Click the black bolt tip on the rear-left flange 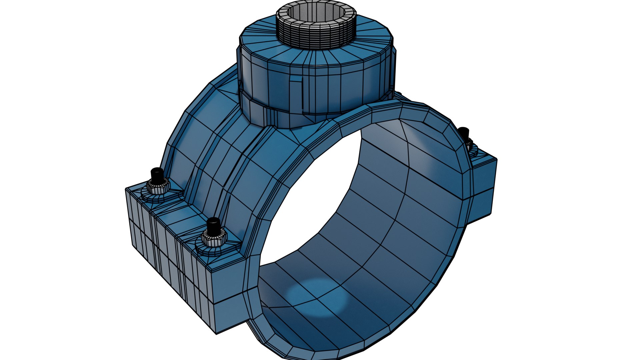click(x=156, y=174)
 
